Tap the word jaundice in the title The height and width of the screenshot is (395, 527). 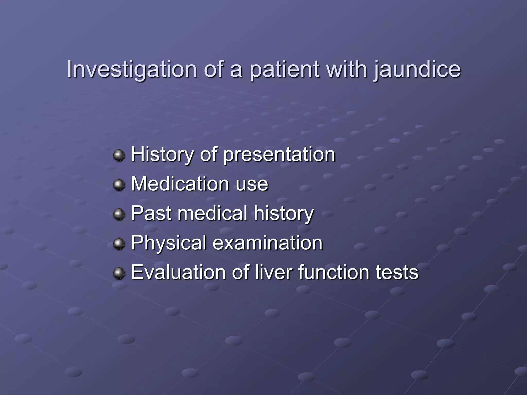(x=417, y=69)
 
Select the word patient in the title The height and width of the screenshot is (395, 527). (x=285, y=69)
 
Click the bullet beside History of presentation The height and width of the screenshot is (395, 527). (x=119, y=155)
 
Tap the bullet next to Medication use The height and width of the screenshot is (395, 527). (x=119, y=185)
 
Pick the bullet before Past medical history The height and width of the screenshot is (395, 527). (x=119, y=214)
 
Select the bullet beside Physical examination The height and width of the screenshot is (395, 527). (x=119, y=244)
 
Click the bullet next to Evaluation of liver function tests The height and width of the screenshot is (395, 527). (x=119, y=273)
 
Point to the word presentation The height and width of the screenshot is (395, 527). (x=279, y=155)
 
